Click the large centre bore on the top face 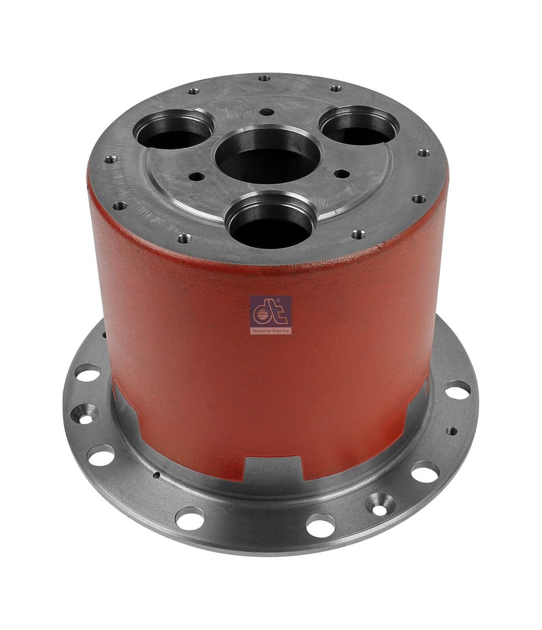pyautogui.click(x=269, y=154)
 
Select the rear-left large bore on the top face pyautogui.click(x=174, y=129)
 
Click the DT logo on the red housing pyautogui.click(x=270, y=311)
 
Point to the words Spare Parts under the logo pyautogui.click(x=270, y=330)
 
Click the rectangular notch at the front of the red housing pyautogui.click(x=273, y=468)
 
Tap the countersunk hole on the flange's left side pyautogui.click(x=84, y=414)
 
